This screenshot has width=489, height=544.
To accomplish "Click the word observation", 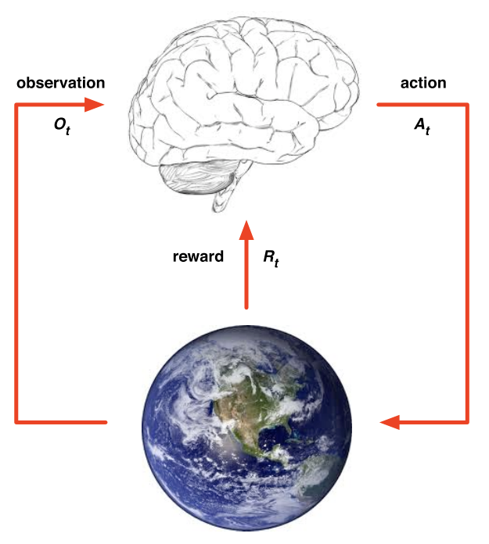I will click(x=60, y=83).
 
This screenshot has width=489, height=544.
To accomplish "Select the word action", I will click(x=422, y=83).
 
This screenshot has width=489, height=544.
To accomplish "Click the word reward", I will click(x=198, y=256).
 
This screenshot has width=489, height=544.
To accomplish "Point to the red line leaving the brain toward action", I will click(x=415, y=104).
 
